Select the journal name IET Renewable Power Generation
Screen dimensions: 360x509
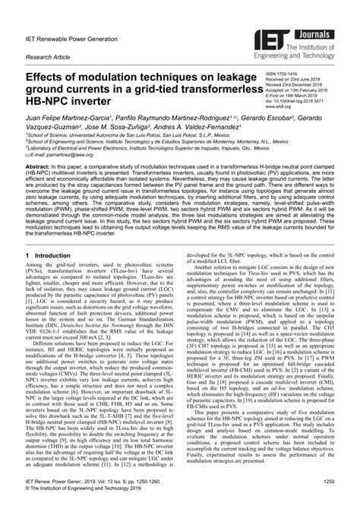coord(71,32)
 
